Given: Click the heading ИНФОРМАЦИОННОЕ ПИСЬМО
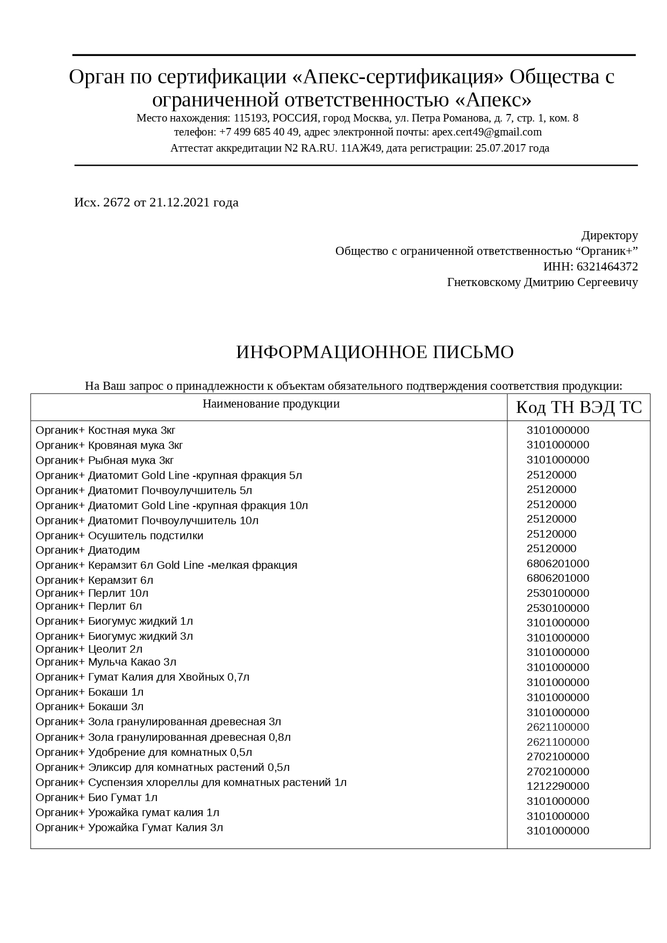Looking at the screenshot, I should coord(375,352).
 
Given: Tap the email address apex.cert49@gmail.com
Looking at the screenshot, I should coord(486,132).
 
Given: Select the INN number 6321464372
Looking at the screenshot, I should coord(607,267).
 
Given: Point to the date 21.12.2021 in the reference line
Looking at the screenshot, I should coord(180,203).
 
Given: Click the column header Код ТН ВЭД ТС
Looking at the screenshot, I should coord(578,408).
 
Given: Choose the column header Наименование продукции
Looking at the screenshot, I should coord(271,404).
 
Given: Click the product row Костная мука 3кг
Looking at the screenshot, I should coord(106,430).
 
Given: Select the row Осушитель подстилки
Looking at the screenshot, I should coord(119,535).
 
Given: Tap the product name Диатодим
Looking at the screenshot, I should coord(113,550).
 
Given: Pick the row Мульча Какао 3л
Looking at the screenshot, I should coord(106,662).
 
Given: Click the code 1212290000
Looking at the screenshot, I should coord(558,786).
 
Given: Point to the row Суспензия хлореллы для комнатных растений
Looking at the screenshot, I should coord(191,782).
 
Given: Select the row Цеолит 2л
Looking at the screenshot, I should coord(89,649).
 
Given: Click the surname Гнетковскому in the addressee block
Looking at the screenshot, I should coord(484,282).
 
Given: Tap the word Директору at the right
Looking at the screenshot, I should coord(609,235).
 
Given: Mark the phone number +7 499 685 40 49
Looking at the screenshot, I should coord(259,132).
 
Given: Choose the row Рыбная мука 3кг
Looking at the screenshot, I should coord(105,460).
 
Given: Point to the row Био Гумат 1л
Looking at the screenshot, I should coord(97,797).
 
